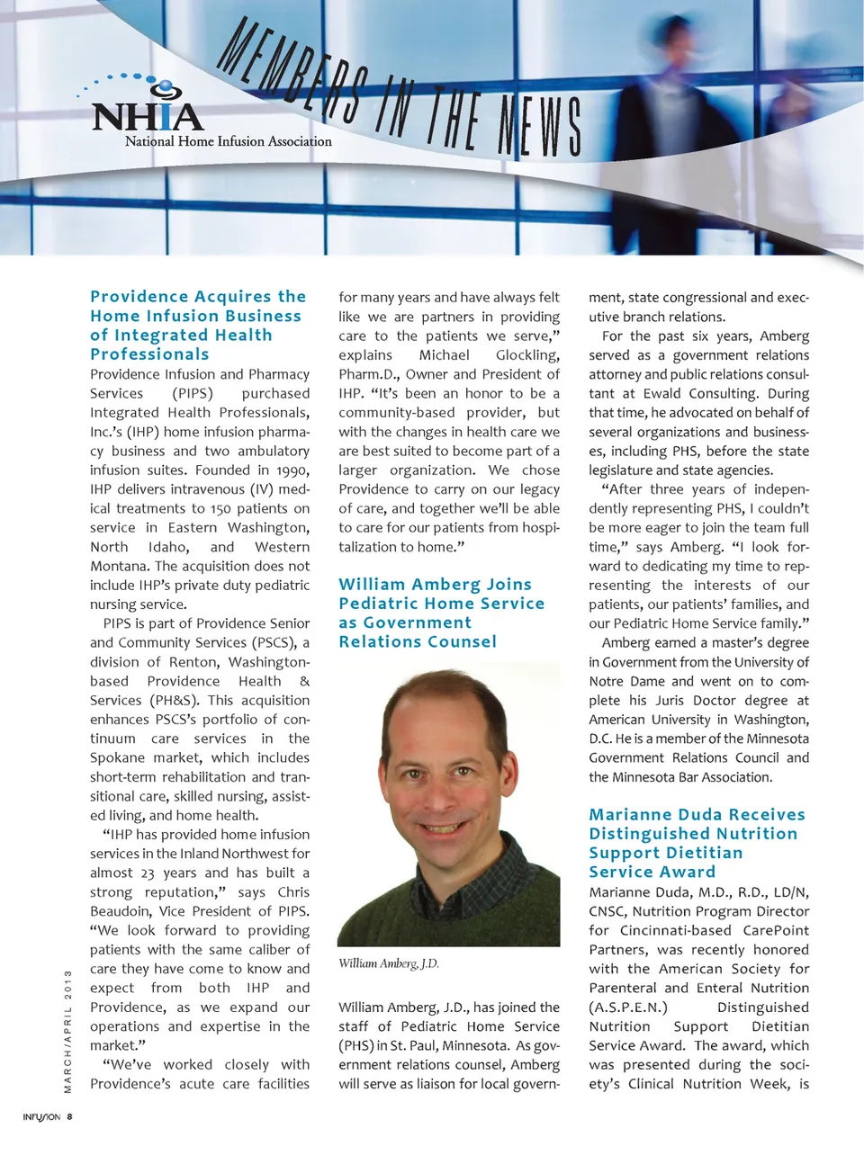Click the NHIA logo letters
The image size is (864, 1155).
148,117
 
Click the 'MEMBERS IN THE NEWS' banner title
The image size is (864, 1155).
400,99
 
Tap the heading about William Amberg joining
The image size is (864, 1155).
441,613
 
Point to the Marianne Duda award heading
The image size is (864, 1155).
697,843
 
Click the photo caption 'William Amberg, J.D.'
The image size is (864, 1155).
389,963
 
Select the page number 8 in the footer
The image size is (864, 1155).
70,1117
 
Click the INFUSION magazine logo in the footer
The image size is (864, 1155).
41,1117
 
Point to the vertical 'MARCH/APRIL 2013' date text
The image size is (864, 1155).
67,1031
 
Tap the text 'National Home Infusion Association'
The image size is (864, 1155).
228,141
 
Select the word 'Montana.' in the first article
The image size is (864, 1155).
120,567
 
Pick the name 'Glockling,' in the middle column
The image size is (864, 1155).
527,355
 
